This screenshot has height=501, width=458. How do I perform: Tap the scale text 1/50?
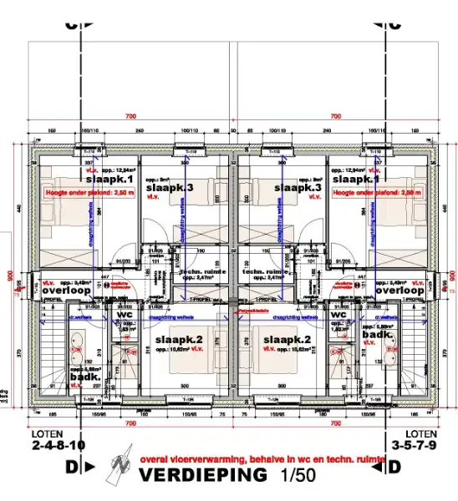291,476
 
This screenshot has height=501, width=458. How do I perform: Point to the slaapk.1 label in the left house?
110,180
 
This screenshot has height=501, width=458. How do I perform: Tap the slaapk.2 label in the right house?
286,340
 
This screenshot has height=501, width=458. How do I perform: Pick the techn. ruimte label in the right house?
265,272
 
